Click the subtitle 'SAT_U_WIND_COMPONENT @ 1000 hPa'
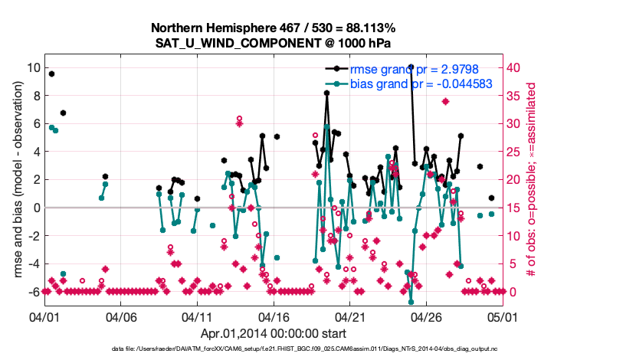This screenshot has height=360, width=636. tap(274, 43)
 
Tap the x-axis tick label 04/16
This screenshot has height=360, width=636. tap(274, 316)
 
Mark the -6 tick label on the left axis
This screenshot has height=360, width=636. tap(31, 292)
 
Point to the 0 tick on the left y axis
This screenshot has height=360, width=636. tap(34, 208)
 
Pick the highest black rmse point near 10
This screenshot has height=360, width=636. tap(411, 67)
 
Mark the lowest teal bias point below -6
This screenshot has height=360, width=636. tap(411, 301)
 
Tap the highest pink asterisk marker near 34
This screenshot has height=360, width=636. tap(445, 101)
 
